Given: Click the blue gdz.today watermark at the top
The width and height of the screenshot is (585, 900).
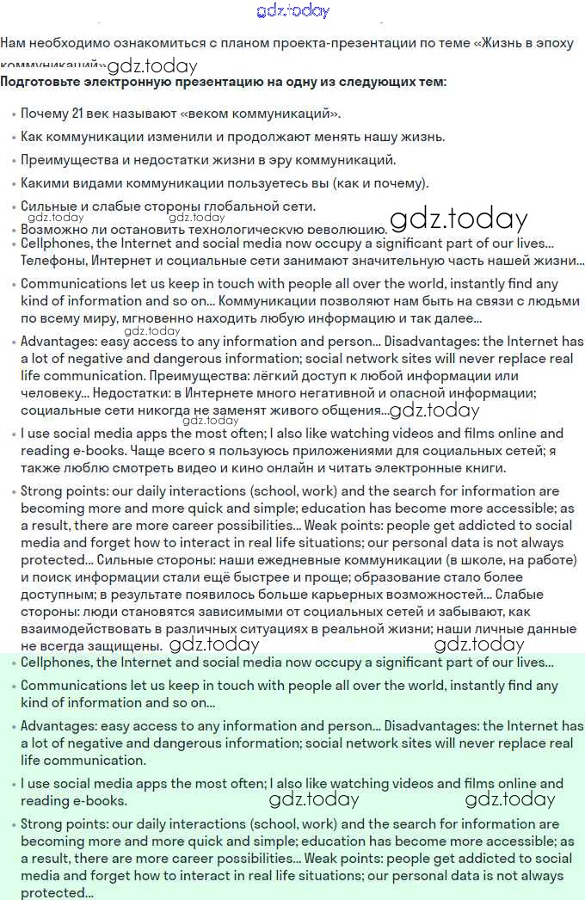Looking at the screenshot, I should pos(292,10).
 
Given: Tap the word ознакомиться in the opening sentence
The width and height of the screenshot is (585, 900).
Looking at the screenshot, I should pos(130,42).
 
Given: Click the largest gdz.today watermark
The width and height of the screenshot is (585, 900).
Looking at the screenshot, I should pos(458,219).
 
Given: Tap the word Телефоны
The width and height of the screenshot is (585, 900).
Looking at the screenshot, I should pos(52,261).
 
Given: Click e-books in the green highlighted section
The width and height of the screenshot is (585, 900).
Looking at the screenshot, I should pos(96,801).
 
